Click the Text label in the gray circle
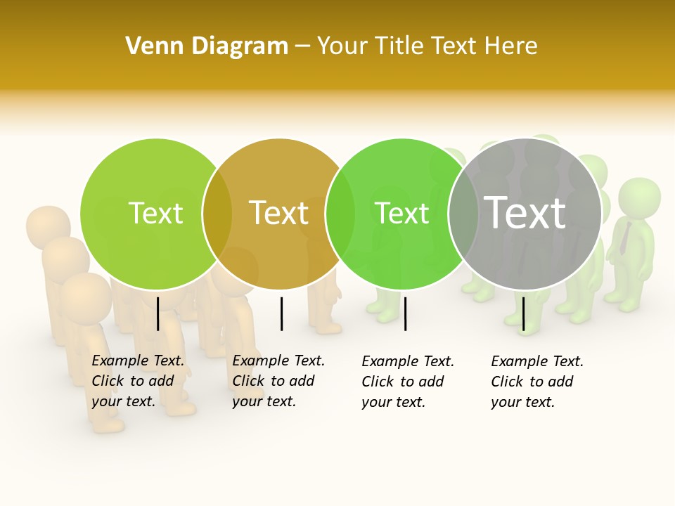pos(525,212)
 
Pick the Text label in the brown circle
pos(278,213)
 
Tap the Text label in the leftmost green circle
pos(155,213)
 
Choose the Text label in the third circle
pos(401,213)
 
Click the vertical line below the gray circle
pos(523,313)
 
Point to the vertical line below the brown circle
pos(281,313)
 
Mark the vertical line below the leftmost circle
pos(157,313)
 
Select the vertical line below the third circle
pos(405,313)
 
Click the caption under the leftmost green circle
pos(138,381)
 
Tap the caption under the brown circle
pos(278,381)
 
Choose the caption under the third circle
pos(408,382)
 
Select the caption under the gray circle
pos(537,382)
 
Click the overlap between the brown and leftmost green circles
pos(217,214)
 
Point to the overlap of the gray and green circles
pos(463,214)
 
